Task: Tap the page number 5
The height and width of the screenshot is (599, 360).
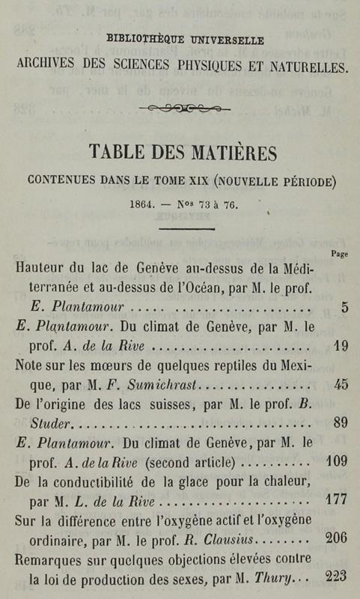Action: pos(343,307)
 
